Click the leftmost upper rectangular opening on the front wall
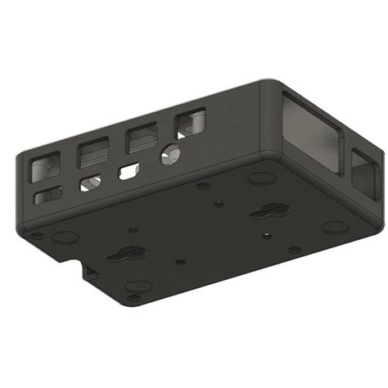click(40, 168)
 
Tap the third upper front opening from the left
click(141, 138)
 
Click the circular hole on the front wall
click(172, 152)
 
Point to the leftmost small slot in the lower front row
click(47, 196)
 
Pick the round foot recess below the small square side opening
click(333, 227)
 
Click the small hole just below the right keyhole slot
click(264, 236)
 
